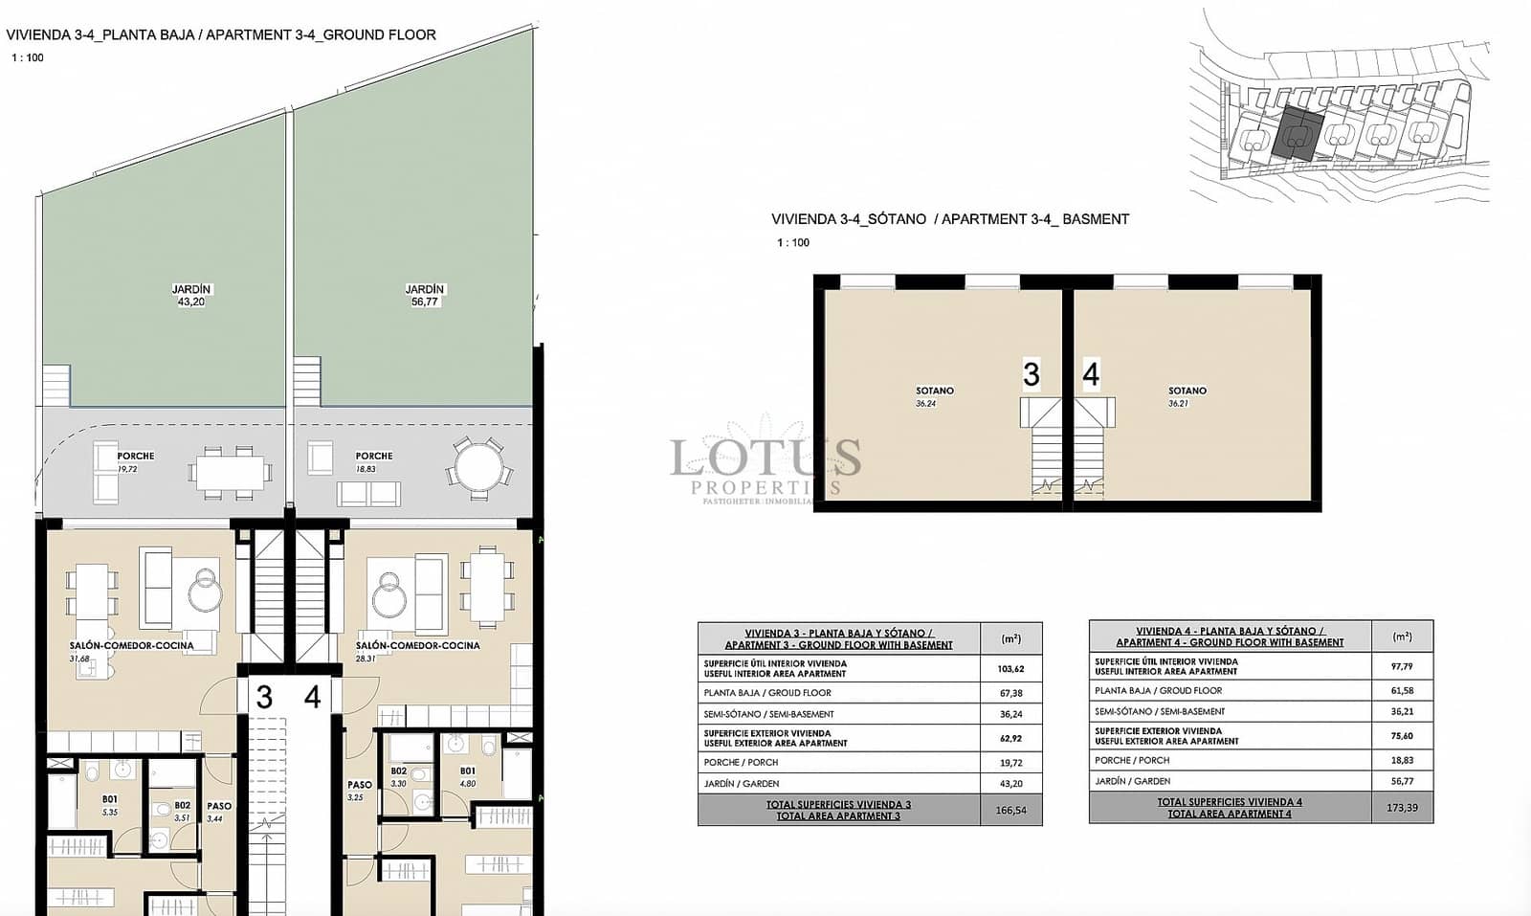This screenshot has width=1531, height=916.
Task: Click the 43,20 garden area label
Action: click(191, 302)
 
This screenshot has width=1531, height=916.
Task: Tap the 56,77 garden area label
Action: click(425, 302)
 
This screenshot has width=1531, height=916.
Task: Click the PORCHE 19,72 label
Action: click(135, 462)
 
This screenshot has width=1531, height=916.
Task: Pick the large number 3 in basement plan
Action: click(1031, 374)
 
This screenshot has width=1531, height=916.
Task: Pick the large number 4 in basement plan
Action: click(1091, 374)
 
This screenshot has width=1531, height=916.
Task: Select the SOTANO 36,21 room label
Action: click(1187, 396)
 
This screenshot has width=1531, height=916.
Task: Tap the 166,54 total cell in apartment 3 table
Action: click(1010, 810)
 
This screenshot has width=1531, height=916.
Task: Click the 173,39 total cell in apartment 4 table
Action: click(1402, 808)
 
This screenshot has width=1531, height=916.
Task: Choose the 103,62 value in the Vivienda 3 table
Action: click(1010, 669)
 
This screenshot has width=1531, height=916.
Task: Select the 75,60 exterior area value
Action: click(1402, 736)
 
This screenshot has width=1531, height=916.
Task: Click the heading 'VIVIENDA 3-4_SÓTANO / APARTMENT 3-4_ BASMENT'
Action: click(950, 219)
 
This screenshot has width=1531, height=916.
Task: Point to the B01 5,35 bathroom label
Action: click(110, 805)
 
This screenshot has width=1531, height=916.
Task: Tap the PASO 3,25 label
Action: click(359, 790)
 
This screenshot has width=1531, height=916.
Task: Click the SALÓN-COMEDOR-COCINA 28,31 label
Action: click(417, 651)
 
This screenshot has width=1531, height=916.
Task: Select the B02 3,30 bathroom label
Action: click(399, 776)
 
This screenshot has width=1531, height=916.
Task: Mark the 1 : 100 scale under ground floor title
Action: click(28, 57)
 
